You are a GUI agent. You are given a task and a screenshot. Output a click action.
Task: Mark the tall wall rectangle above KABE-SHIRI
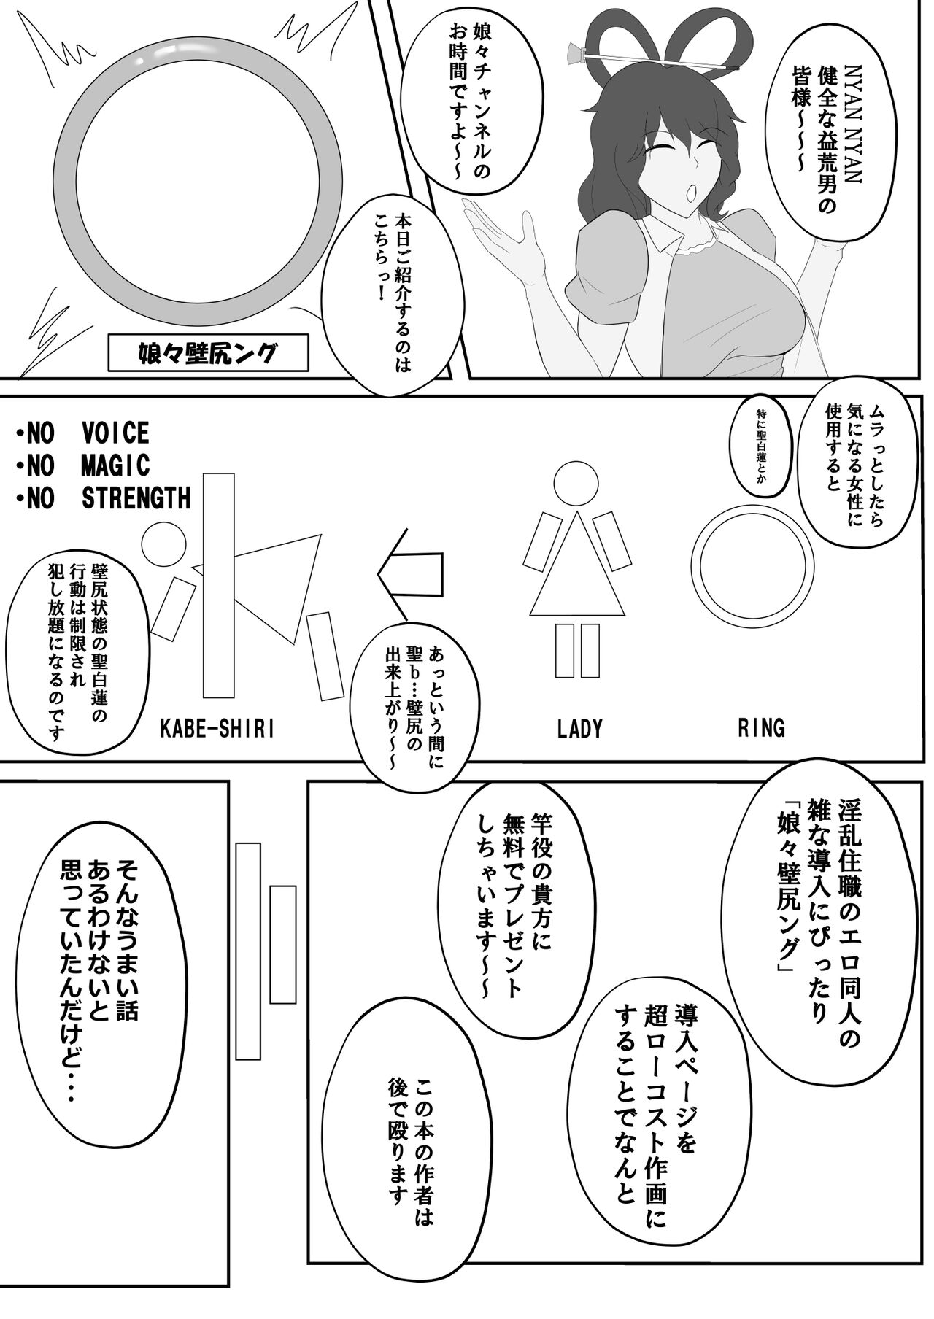point(220,584)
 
